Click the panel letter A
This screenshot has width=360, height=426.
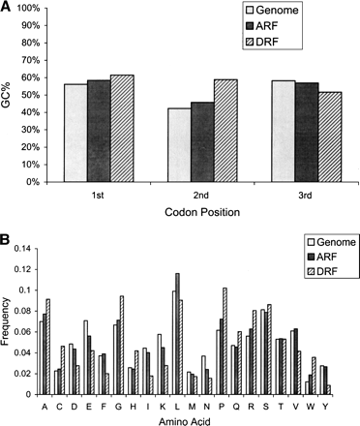pos(7,8)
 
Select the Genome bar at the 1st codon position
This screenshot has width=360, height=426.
pos(75,133)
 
